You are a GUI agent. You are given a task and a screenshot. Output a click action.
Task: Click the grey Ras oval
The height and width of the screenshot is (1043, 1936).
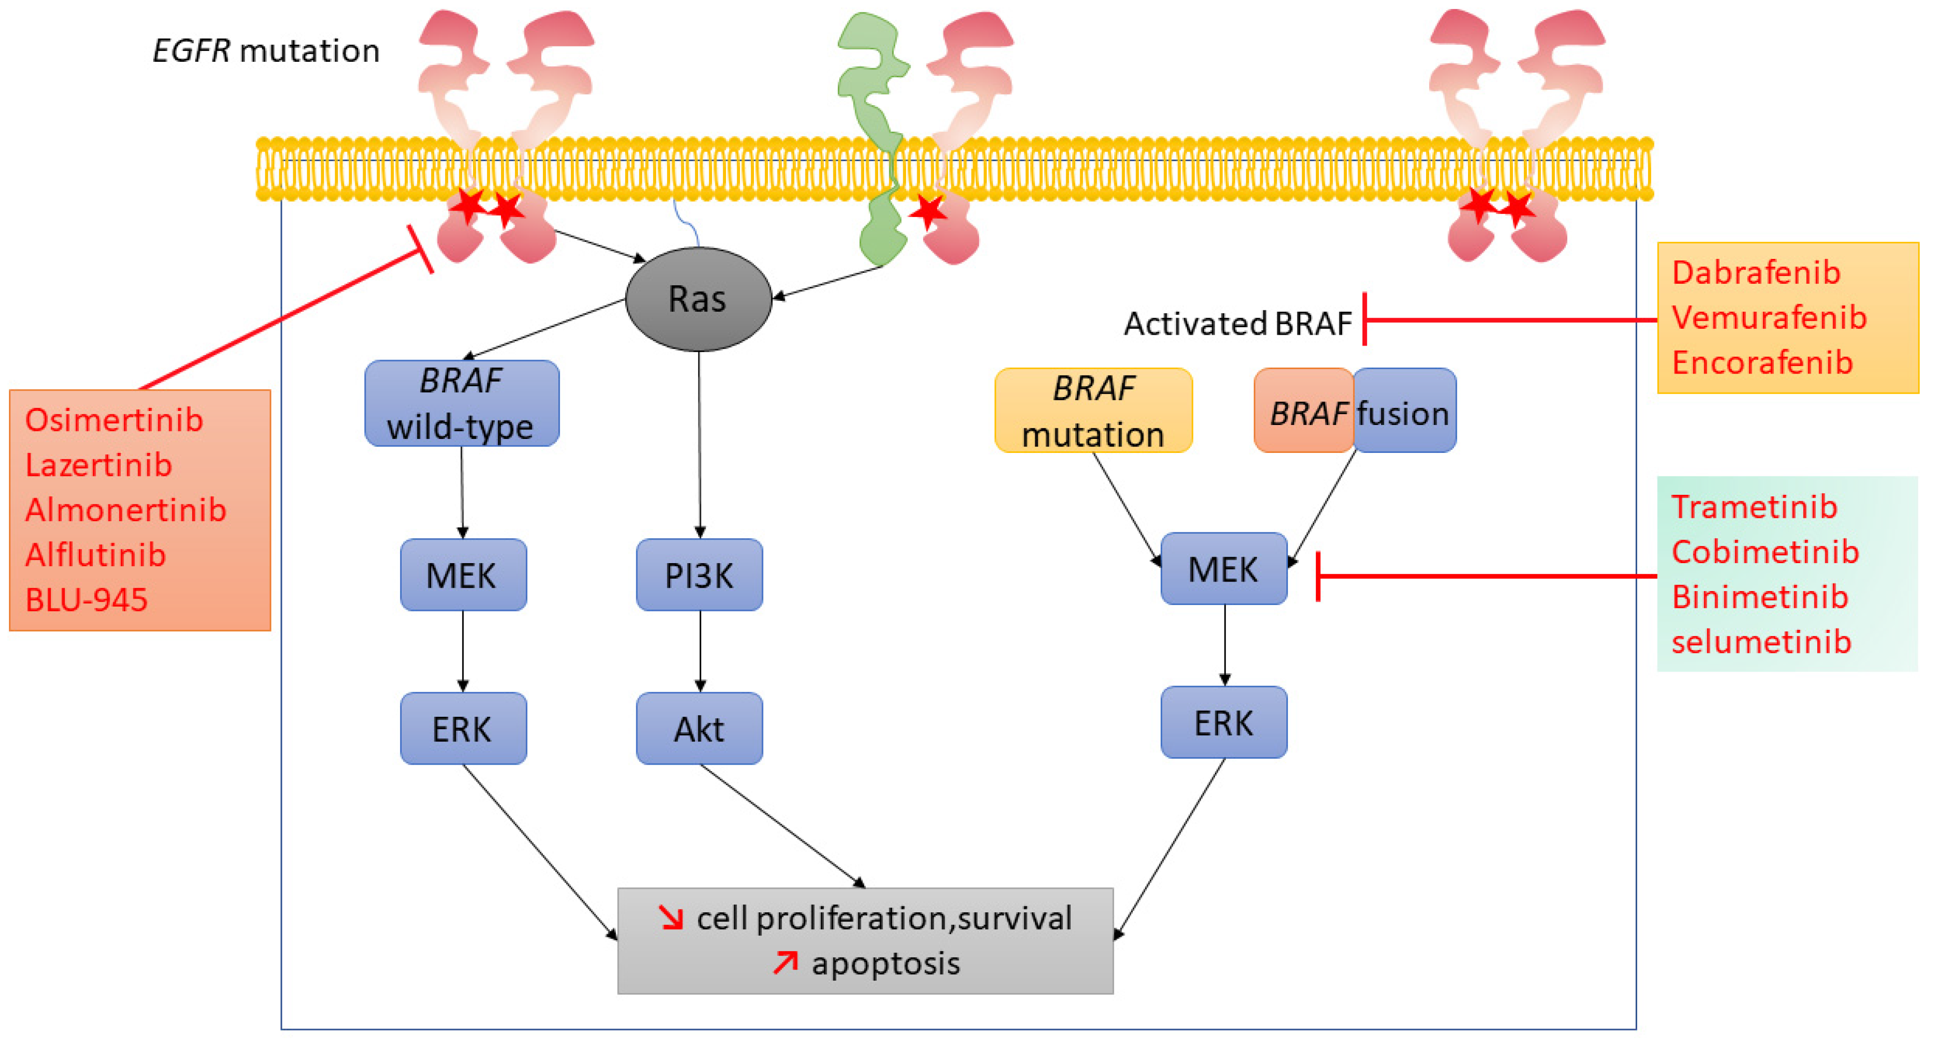click(x=698, y=299)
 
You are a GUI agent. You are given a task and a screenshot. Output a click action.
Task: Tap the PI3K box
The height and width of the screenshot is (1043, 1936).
click(x=699, y=575)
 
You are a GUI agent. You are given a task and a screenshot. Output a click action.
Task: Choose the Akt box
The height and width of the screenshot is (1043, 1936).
click(x=699, y=728)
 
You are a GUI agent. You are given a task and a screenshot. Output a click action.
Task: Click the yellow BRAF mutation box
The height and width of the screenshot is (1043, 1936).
click(x=1094, y=411)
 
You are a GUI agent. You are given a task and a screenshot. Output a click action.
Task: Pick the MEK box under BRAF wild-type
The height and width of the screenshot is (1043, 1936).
click(x=463, y=575)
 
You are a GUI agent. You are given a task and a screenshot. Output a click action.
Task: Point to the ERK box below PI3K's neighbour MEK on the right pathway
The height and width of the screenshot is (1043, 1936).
click(x=1223, y=722)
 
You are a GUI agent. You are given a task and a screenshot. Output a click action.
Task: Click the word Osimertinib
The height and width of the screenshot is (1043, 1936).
click(x=114, y=420)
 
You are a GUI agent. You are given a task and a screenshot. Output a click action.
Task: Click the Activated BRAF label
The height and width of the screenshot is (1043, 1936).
click(x=1238, y=324)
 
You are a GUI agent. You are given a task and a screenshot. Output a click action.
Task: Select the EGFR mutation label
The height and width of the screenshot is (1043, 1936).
click(x=266, y=51)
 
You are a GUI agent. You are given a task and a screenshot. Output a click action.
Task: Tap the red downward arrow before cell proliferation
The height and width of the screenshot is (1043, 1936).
click(x=671, y=917)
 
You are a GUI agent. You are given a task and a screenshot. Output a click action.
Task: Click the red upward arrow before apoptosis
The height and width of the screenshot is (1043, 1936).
click(x=785, y=963)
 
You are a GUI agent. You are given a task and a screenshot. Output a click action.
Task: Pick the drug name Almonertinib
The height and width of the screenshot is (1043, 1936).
click(x=126, y=510)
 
